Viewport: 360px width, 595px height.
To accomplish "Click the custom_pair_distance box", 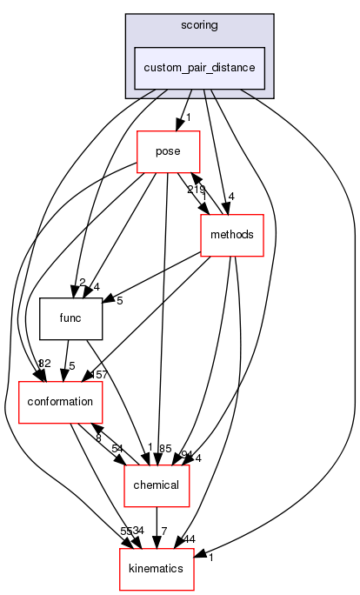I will (199, 67).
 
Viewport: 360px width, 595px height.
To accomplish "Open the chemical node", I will (157, 484).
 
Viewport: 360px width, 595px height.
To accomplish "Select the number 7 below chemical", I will (163, 530).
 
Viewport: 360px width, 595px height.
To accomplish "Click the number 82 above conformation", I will (44, 363).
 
